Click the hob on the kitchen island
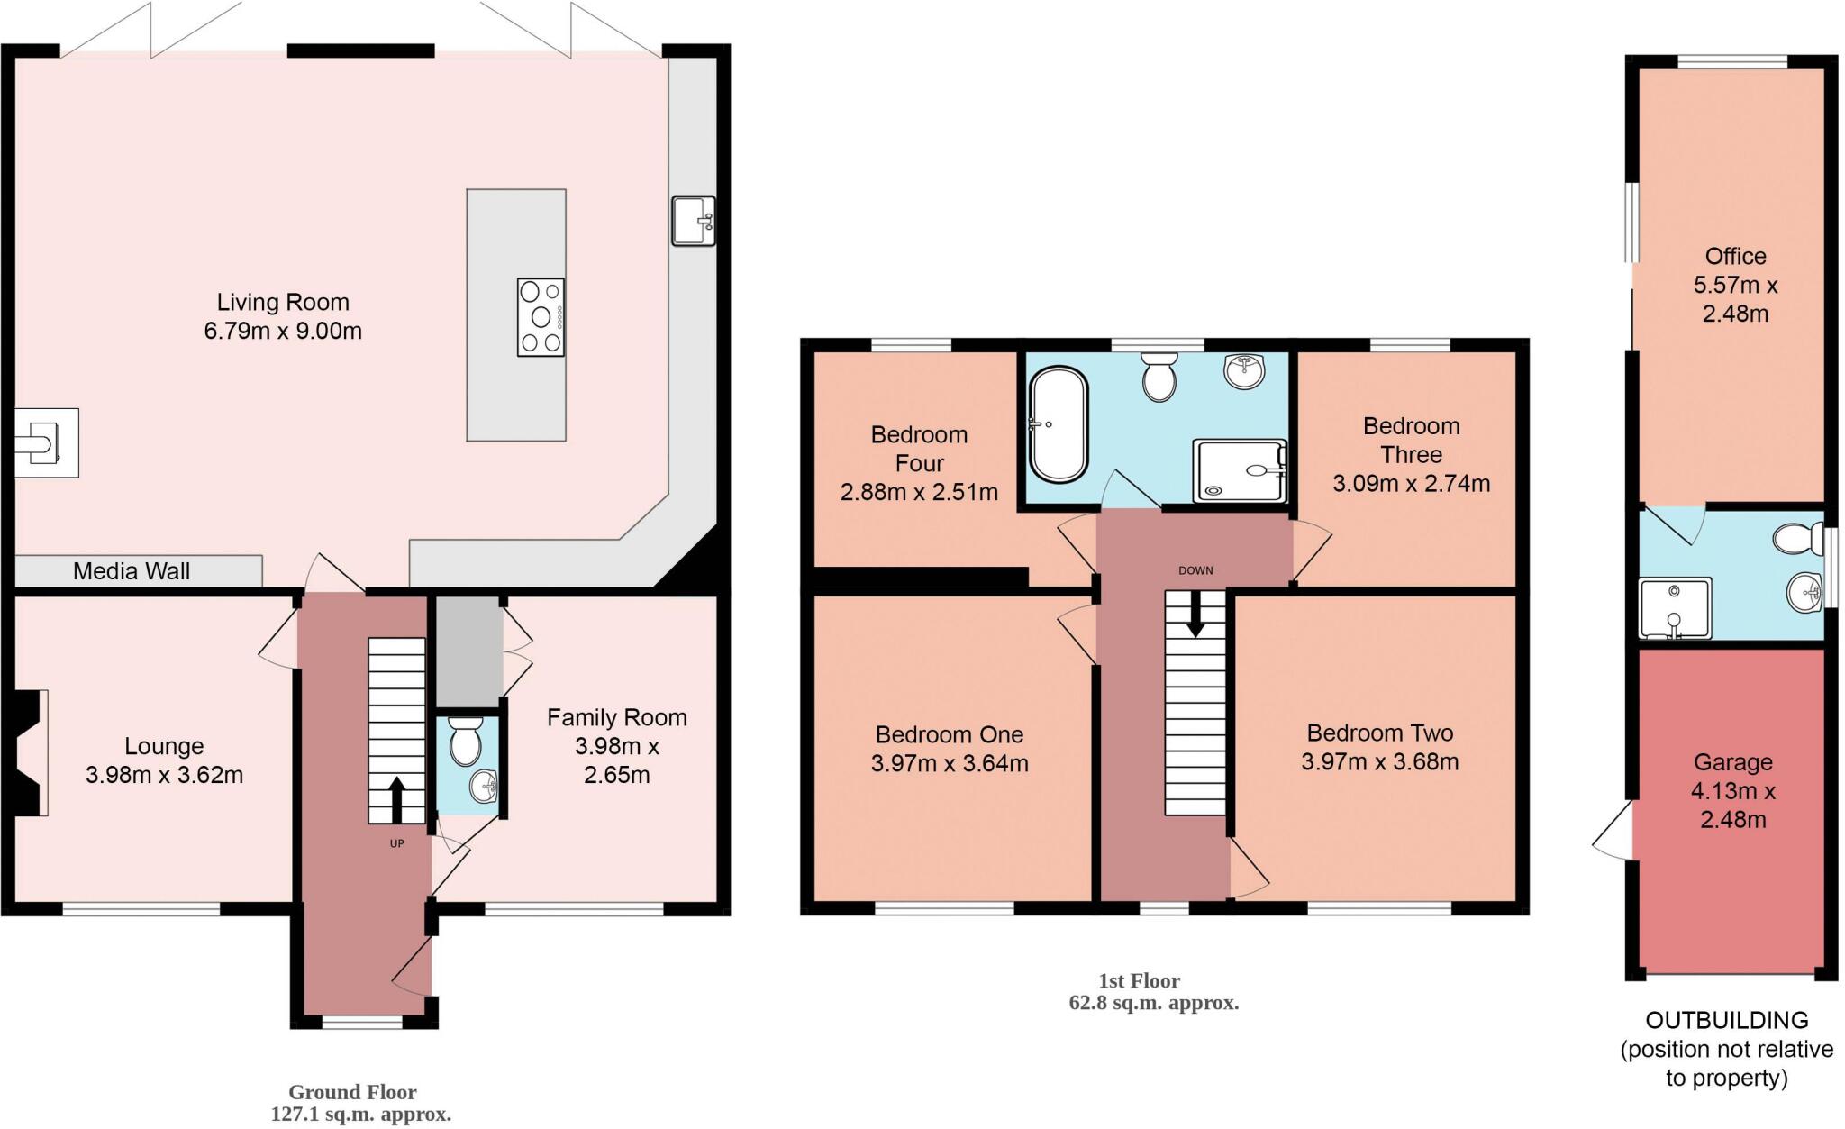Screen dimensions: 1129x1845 point(541,317)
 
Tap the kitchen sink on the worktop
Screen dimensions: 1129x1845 point(693,221)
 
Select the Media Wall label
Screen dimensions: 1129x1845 point(132,571)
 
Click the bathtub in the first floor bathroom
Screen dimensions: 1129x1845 point(1059,423)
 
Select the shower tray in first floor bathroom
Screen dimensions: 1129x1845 point(1240,469)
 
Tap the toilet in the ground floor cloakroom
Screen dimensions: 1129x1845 point(466,742)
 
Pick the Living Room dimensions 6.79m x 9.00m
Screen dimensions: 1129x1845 point(283,331)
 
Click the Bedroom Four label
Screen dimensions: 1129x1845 point(919,449)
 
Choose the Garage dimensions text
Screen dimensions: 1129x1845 point(1733,806)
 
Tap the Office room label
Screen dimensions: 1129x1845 point(1735,256)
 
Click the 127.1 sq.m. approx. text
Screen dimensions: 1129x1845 point(360,1115)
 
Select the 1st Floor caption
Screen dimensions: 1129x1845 point(1139,980)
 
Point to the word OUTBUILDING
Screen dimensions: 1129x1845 point(1726,1020)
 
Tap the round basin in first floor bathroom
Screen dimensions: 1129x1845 point(1245,369)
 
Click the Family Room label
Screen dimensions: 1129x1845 point(616,718)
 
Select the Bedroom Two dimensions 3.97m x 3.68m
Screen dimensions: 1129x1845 point(1379,762)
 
